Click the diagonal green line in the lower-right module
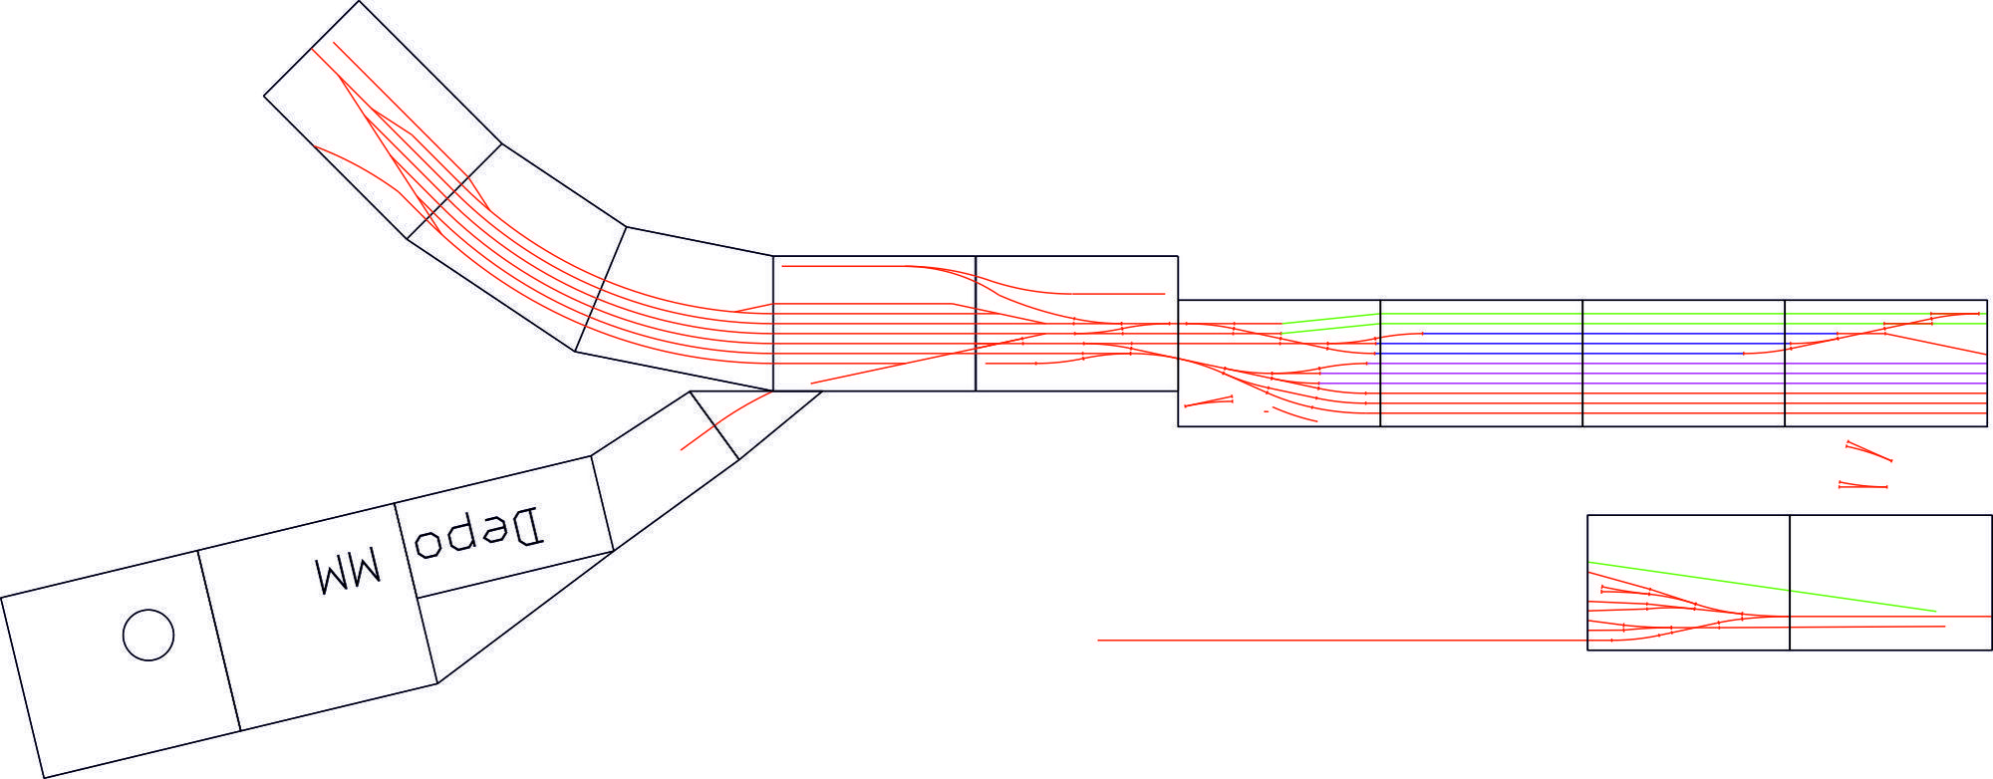(1762, 587)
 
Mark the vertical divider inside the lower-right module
(1790, 583)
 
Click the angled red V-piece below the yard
(1868, 450)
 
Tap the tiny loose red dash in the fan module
(1266, 410)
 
